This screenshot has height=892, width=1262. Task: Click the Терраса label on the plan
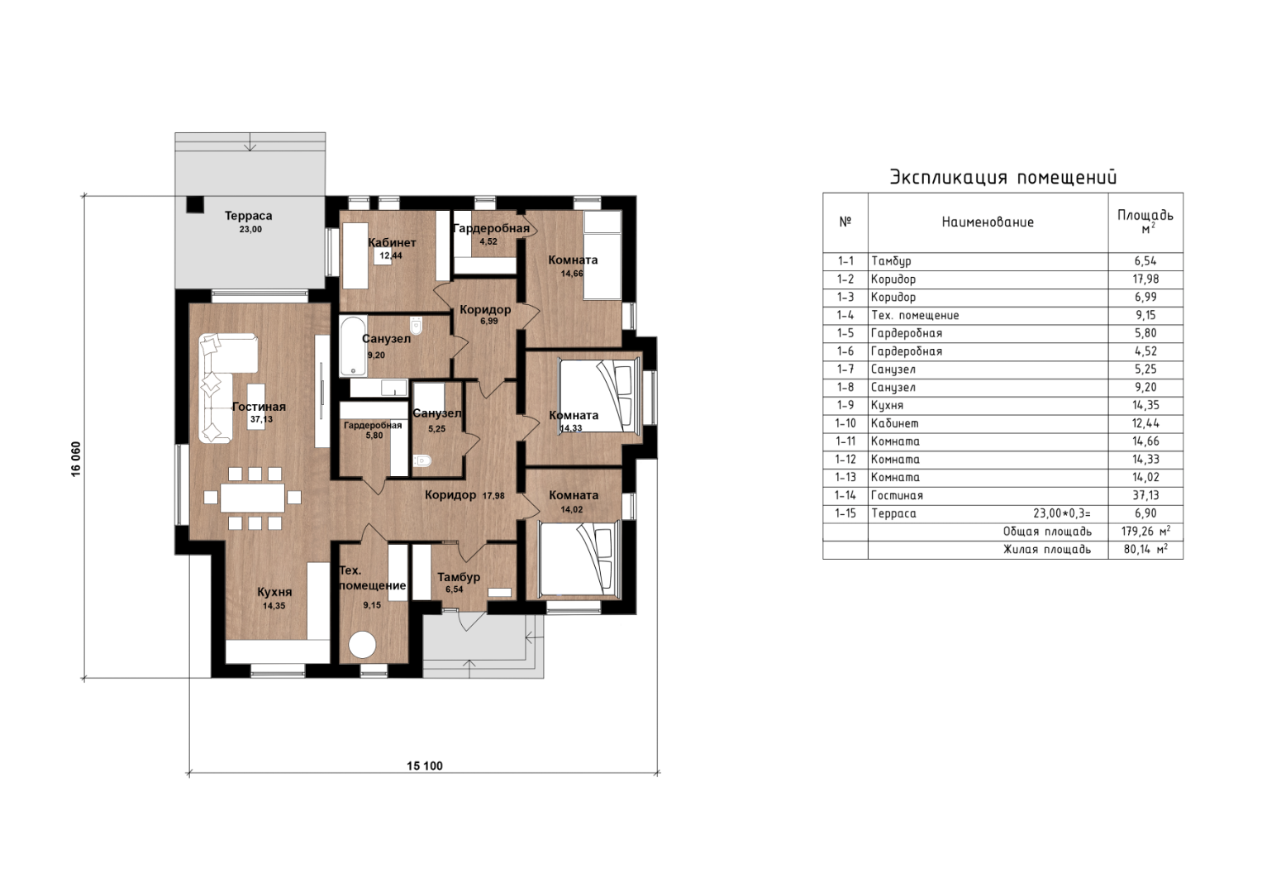[249, 215]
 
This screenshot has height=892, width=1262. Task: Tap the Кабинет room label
[392, 242]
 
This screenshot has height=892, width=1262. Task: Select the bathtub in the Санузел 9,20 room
[353, 346]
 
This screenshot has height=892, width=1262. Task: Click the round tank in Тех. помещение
[362, 645]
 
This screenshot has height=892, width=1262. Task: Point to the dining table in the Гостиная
[252, 498]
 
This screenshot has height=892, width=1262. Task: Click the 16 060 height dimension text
[77, 459]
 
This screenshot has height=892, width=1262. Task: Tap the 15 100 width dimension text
[425, 766]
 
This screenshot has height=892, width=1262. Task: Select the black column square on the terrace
[195, 204]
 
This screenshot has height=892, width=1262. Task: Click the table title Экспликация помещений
[1002, 177]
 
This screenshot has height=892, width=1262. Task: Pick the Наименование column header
[988, 222]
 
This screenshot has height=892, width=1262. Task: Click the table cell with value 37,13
[1145, 495]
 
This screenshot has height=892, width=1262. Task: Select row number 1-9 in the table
[845, 405]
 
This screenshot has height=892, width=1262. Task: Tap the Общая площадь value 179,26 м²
[1145, 531]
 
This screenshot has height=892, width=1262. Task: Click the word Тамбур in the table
[891, 261]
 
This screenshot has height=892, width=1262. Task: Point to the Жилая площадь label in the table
[1047, 550]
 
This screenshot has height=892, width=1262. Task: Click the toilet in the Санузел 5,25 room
[422, 461]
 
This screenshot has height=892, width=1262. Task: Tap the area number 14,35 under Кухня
[274, 606]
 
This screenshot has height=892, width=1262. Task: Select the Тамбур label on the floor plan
[459, 577]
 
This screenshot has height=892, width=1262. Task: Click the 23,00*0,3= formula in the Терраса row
[1062, 513]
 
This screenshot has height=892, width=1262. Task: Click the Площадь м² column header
[1145, 222]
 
